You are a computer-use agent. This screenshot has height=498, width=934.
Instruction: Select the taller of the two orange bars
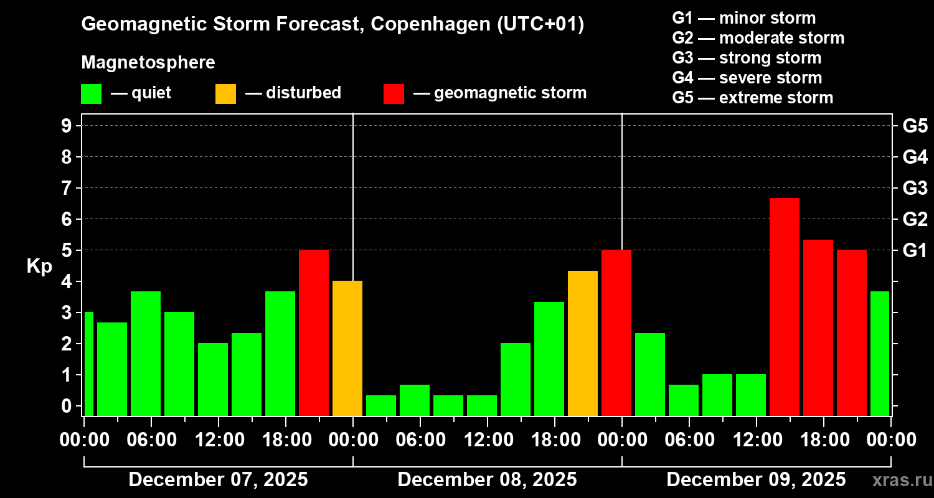coord(583,343)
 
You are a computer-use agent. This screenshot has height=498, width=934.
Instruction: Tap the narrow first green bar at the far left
coord(88,364)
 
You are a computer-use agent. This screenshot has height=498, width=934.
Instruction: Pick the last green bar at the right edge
coord(879,353)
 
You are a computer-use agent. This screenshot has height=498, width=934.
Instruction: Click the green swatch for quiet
coord(92,94)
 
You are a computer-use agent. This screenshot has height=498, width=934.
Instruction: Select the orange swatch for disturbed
coord(225,94)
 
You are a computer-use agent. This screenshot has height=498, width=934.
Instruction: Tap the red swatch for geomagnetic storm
coord(394,94)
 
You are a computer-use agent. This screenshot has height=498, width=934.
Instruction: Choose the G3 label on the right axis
coord(915,188)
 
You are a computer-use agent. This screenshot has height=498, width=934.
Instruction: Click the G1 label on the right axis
coord(915,250)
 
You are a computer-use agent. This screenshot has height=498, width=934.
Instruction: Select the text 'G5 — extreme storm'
coord(752,98)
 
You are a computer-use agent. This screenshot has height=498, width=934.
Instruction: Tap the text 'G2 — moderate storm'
coord(758,38)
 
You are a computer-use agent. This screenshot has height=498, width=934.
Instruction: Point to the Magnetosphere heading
coord(148,63)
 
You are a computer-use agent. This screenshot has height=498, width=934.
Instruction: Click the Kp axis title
coord(39,266)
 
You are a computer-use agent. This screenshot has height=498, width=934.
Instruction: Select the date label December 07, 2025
coord(218,480)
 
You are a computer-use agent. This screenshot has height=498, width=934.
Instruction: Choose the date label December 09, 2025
coord(756,480)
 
